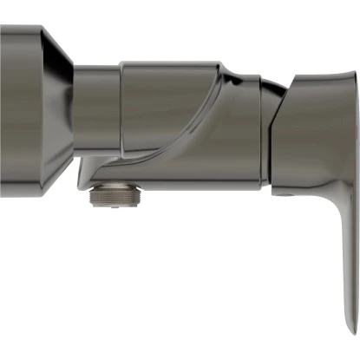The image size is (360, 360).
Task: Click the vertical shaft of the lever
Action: [x=344, y=260]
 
